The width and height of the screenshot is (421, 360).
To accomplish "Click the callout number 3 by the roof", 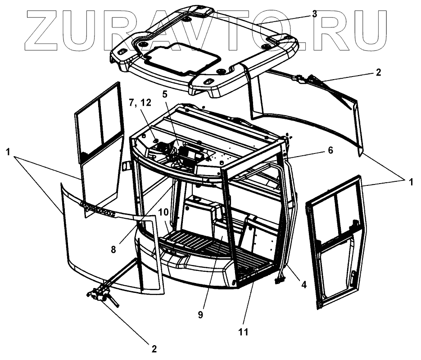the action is click(x=314, y=14).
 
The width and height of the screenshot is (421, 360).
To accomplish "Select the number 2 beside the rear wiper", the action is click(x=378, y=72).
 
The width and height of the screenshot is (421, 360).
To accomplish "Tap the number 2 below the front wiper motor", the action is click(x=154, y=349).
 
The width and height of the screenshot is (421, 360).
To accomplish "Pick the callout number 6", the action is click(x=330, y=151).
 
